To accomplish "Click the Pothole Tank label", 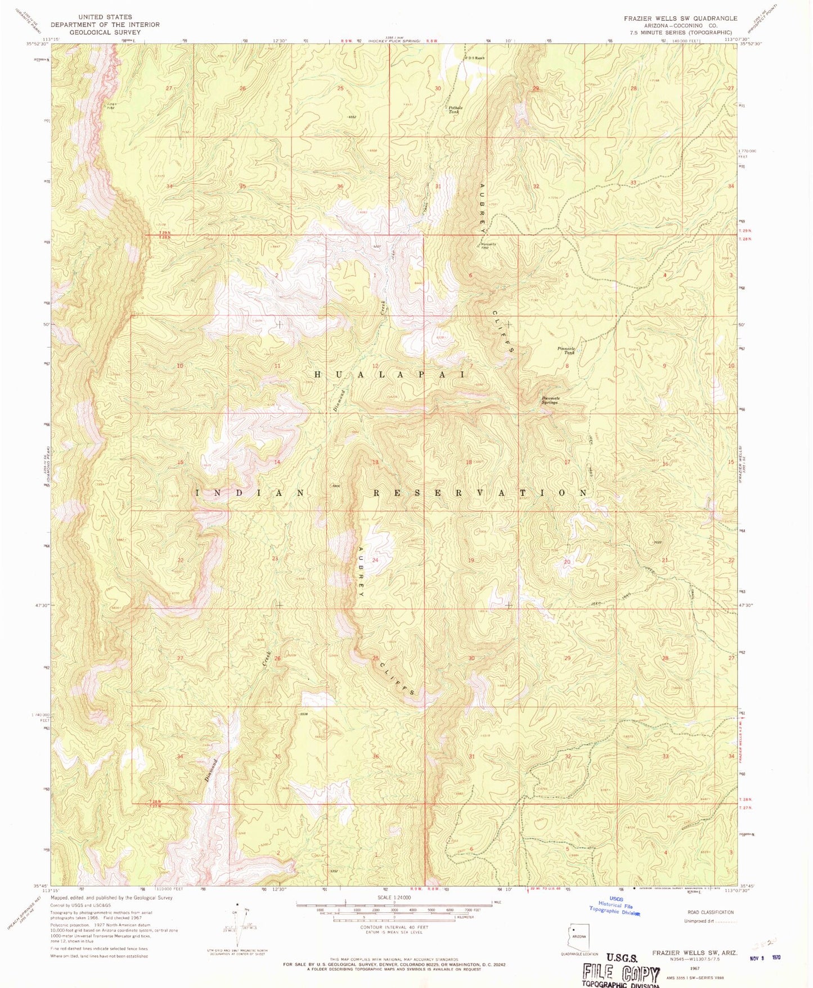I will (454, 110).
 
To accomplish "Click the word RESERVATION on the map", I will (481, 493).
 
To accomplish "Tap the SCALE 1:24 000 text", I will (394, 897).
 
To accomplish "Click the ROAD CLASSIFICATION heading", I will (711, 912).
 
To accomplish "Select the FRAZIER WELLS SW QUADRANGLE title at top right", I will (680, 19).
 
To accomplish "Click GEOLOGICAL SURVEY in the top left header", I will (105, 32).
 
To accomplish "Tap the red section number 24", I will (375, 560).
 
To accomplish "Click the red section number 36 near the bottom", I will (375, 756).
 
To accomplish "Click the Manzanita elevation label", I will (488, 244).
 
